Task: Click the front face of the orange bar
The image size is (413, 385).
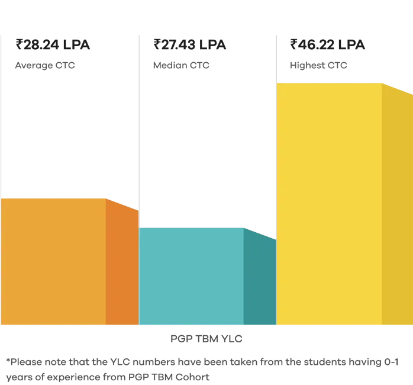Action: point(53,261)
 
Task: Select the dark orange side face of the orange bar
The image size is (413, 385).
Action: point(122,264)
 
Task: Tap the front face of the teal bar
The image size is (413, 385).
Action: point(191,276)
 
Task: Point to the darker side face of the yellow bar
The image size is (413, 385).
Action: point(397,207)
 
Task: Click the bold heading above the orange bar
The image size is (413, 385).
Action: point(53,46)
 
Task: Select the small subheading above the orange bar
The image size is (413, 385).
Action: point(44,66)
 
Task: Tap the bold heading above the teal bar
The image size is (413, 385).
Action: point(189,46)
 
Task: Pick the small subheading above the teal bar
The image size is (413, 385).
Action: point(182,66)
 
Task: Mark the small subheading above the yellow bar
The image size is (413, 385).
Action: point(319,66)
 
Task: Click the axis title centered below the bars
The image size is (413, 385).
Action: point(207,339)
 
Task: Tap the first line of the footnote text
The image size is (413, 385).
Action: point(201,361)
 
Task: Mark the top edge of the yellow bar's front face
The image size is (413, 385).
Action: point(329,83)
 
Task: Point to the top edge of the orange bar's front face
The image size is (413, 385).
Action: point(53,198)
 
